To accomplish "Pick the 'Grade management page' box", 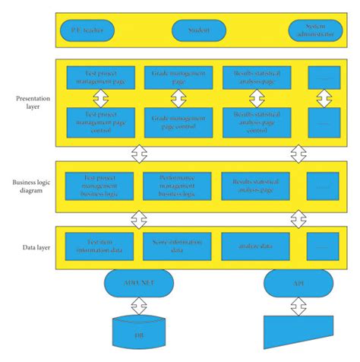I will [x=177, y=77].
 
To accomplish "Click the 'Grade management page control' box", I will [x=177, y=122].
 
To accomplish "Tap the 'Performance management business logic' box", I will [x=177, y=185].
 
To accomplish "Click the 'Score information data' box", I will [x=177, y=246].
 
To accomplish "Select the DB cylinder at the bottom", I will [x=137, y=332].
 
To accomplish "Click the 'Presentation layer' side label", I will [x=30, y=102].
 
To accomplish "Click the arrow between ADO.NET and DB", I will [x=137, y=306].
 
